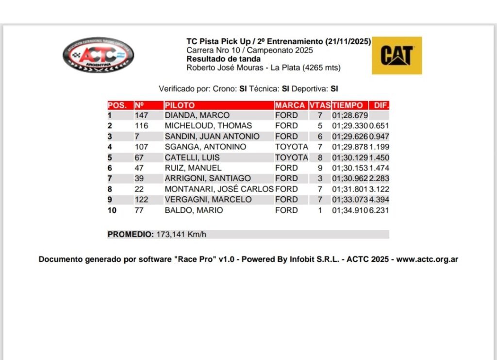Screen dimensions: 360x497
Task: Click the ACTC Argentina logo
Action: [x=98, y=54]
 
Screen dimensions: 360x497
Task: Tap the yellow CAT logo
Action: [x=397, y=55]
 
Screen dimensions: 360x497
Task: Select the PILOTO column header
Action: [x=180, y=105]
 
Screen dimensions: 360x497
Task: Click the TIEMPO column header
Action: [x=348, y=105]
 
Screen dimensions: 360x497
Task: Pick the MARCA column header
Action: [x=290, y=105]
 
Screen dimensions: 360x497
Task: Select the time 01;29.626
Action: [x=350, y=137]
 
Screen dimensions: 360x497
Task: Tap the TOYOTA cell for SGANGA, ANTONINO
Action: [x=291, y=147]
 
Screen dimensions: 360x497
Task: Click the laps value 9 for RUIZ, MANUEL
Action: [x=320, y=168]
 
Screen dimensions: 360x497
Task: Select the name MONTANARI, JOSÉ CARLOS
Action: [x=219, y=189]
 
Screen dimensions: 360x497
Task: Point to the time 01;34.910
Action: [x=350, y=210]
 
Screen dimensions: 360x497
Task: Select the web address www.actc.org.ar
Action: [x=427, y=259]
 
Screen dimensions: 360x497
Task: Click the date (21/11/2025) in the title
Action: [x=348, y=41]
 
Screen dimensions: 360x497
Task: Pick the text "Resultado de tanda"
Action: [x=223, y=59]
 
